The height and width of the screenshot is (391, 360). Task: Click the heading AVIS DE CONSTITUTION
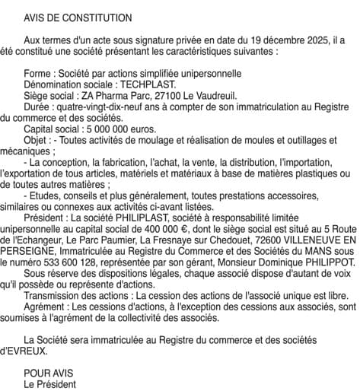[78, 17]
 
